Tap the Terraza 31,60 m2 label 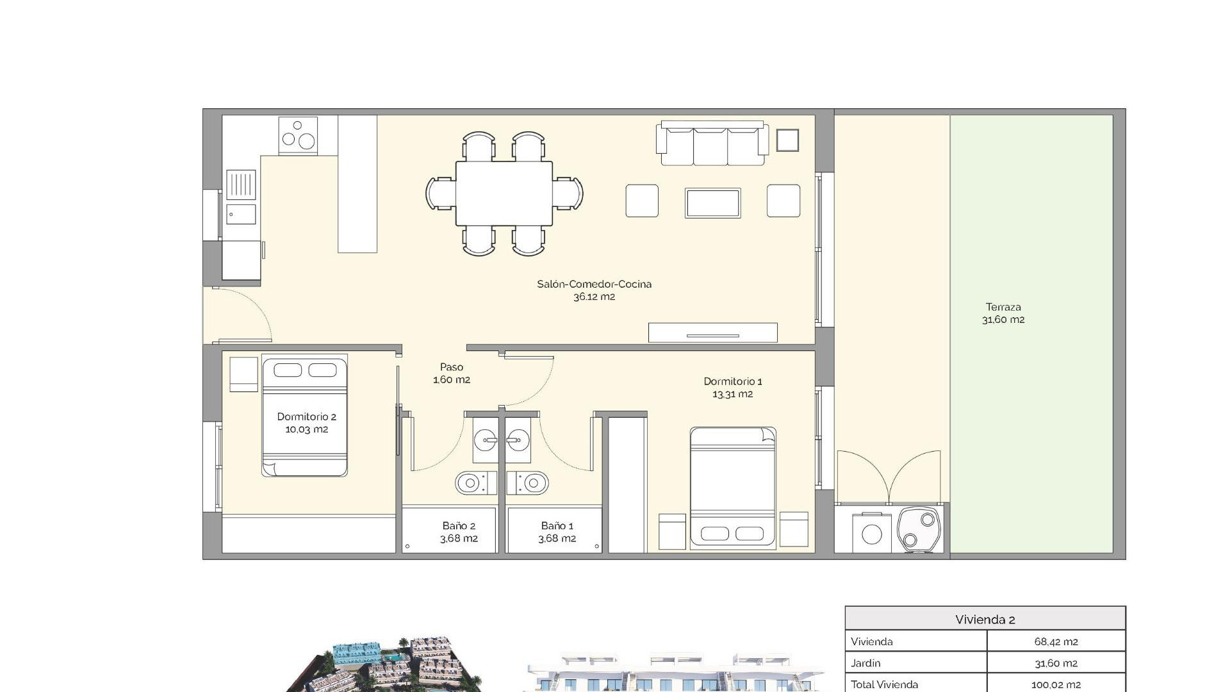1003,313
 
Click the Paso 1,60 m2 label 451,373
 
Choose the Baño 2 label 459,532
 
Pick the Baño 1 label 557,532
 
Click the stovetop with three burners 299,135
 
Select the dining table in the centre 504,193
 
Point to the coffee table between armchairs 712,202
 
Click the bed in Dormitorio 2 304,417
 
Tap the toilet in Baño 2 475,482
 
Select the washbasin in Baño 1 518,440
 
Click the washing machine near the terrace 871,533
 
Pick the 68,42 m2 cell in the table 1055,641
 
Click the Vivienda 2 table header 985,619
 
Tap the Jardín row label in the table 865,663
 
